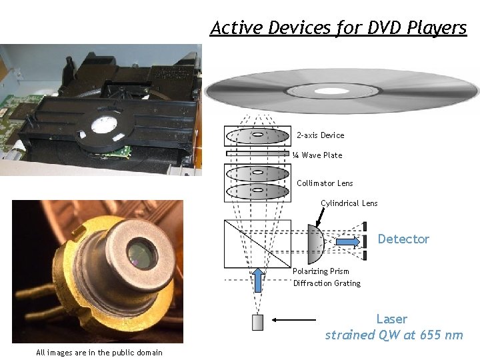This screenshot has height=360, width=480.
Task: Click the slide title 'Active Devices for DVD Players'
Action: [339, 28]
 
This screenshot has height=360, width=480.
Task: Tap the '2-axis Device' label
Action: [321, 135]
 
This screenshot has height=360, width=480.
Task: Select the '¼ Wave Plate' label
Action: [317, 155]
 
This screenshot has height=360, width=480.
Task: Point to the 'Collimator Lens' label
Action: [325, 183]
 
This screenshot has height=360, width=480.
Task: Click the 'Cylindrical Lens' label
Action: [349, 203]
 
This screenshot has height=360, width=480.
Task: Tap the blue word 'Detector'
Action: [403, 239]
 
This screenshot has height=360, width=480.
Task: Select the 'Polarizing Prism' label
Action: [321, 271]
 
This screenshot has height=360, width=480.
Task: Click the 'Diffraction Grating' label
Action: [327, 283]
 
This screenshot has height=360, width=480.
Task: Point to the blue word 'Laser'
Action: [391, 319]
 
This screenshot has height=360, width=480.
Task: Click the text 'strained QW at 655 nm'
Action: [393, 335]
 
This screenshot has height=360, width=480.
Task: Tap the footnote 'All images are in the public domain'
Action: [99, 353]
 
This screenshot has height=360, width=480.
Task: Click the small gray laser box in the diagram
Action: [258, 322]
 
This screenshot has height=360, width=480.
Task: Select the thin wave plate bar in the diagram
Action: [257, 153]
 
